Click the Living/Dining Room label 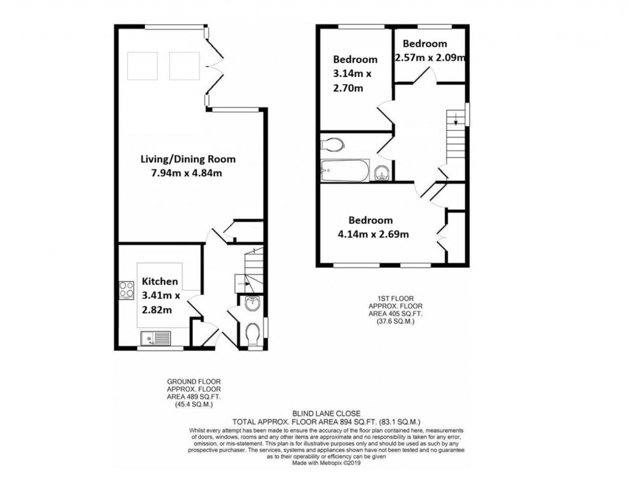tap(188, 159)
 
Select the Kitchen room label tap(160, 281)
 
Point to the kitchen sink tap(156, 337)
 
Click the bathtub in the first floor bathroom tap(345, 170)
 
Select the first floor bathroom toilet tap(332, 144)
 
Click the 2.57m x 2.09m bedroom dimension tap(429, 58)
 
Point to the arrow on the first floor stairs tap(455, 121)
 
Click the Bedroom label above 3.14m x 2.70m tap(355, 60)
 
